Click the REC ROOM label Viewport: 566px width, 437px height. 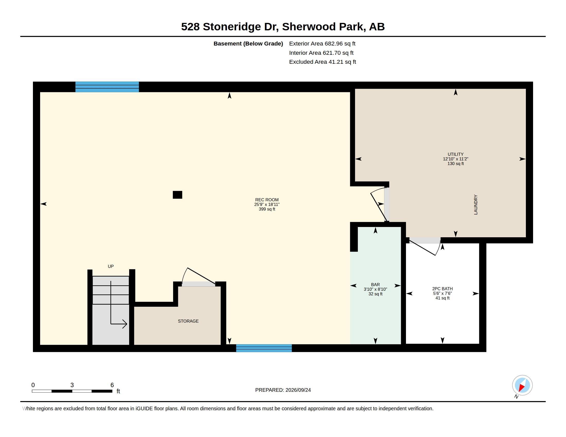tap(267, 200)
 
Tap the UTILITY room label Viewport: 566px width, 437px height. tap(456, 154)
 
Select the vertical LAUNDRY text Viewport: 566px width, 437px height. tap(475, 205)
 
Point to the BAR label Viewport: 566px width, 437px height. tap(375, 285)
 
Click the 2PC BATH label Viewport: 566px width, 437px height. tap(443, 289)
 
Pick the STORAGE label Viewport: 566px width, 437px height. tap(188, 321)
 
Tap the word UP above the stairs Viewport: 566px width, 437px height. tap(111, 266)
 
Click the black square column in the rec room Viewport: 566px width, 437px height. tap(178, 195)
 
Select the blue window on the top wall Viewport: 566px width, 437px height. tap(107, 87)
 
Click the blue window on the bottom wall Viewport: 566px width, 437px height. tap(264, 348)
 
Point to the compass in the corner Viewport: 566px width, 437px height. tap(522, 386)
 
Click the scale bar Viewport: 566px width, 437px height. tap(72, 391)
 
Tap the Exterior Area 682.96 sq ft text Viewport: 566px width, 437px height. tap(322, 44)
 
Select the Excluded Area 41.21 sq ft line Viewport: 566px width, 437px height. tap(323, 62)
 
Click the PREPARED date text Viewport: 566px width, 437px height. tap(283, 390)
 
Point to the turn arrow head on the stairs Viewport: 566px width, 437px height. tap(125, 324)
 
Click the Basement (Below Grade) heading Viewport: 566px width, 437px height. tap(248, 44)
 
